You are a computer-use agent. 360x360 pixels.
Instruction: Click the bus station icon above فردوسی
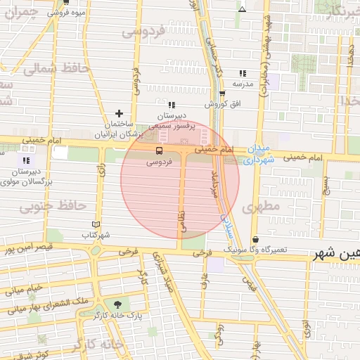pyautogui.click(x=158, y=150)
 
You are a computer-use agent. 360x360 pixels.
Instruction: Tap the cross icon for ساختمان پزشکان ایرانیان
pyautogui.click(x=120, y=113)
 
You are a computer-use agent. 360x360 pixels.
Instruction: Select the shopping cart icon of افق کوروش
pyautogui.click(x=222, y=94)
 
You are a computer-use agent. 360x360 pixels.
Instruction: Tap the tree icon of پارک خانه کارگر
pyautogui.click(x=117, y=304)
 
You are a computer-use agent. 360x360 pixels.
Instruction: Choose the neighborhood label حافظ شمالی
pyautogui.click(x=53, y=69)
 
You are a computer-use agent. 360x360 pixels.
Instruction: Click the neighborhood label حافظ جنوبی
pyautogui.click(x=53, y=207)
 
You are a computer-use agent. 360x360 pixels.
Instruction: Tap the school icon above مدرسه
pyautogui.click(x=243, y=73)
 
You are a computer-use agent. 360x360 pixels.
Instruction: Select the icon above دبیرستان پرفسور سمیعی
pyautogui.click(x=171, y=105)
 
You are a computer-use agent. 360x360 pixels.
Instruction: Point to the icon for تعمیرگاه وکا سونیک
pyautogui.click(x=255, y=240)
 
